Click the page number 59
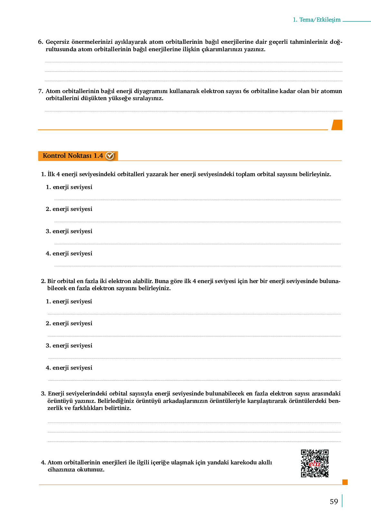coord(334,502)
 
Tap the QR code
coord(315,463)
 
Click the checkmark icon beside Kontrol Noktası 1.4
coord(110,156)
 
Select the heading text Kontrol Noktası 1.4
coord(73,156)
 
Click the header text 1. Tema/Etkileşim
coord(317,20)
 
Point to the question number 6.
coord(40,42)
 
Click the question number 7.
coord(40,91)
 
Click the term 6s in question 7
coord(246,91)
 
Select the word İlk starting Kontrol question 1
coord(51,174)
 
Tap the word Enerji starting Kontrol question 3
coord(57,394)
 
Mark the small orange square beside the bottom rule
coord(345,482)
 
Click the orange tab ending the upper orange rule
coord(337,125)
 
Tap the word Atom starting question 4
coord(55,462)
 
